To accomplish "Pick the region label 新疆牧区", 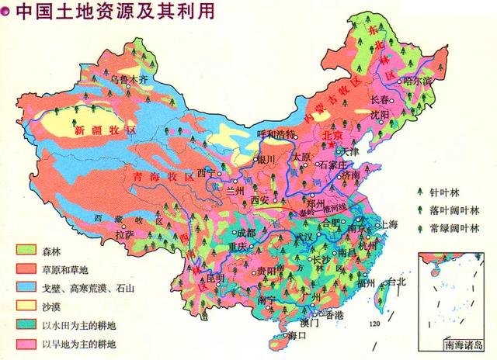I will click(x=104, y=130).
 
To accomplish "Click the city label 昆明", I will click(x=213, y=277).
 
